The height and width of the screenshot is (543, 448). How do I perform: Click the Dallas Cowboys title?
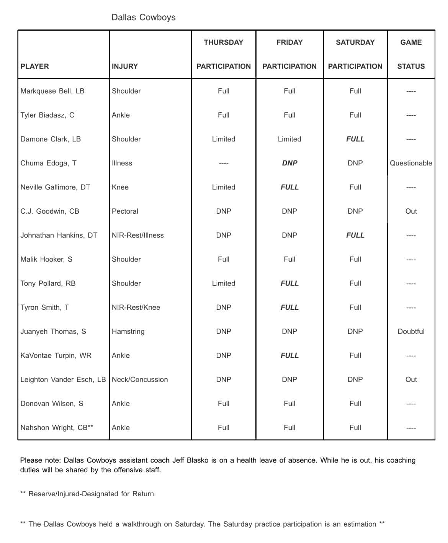tap(143, 17)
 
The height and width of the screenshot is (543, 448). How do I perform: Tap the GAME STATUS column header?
tap(411, 54)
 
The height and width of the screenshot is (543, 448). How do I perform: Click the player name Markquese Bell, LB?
tap(52, 91)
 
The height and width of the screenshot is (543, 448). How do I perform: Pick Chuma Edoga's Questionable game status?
tap(411, 163)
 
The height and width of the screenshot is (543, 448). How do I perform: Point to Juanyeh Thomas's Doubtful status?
tap(411, 332)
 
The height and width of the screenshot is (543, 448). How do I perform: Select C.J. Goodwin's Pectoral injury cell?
tap(125, 211)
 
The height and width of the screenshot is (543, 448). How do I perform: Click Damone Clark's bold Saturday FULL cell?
tap(355, 139)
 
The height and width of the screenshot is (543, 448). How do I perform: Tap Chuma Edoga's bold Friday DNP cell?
tap(289, 163)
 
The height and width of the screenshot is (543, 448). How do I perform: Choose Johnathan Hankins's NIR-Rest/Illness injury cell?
tap(137, 236)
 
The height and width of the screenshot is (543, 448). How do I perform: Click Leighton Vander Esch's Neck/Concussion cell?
tap(140, 379)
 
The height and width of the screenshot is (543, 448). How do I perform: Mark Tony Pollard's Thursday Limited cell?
tap(224, 283)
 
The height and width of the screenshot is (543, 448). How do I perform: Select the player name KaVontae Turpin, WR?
tap(56, 356)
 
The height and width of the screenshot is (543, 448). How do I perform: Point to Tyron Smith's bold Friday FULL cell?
tap(289, 307)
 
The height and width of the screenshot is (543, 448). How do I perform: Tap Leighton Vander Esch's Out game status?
tap(411, 379)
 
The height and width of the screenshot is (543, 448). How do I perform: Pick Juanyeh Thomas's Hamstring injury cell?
tap(128, 332)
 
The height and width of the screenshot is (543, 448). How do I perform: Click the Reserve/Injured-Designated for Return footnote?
tap(91, 494)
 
